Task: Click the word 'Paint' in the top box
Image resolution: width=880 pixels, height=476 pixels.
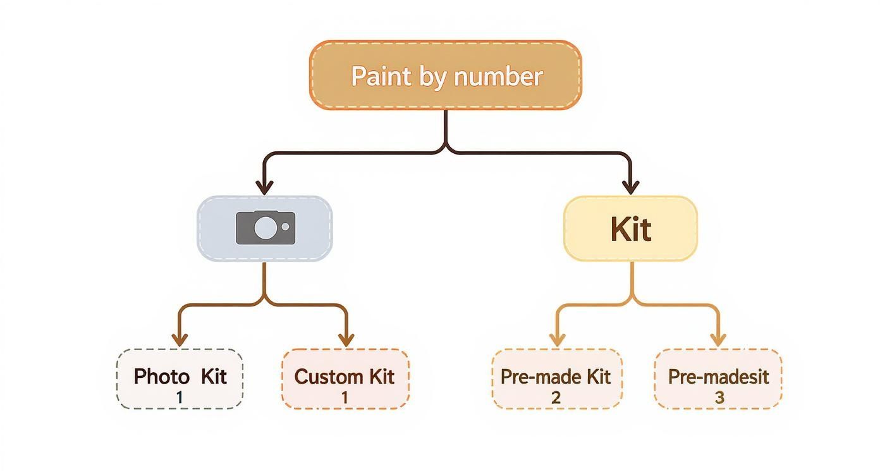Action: click(375, 77)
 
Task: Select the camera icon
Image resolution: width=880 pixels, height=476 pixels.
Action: click(265, 228)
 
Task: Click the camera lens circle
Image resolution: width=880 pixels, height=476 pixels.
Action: click(265, 228)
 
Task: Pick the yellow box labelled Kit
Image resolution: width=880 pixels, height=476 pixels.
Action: click(630, 229)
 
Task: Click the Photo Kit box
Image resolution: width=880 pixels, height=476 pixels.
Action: click(180, 379)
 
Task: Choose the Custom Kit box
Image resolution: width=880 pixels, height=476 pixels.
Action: click(345, 379)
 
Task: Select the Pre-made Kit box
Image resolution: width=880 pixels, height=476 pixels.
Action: click(556, 379)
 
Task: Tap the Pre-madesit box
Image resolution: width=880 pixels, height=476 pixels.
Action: click(718, 379)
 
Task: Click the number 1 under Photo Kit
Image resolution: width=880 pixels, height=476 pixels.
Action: click(180, 398)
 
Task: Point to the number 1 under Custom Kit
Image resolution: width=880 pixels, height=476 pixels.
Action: click(345, 398)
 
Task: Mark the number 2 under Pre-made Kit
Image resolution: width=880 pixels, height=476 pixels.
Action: click(556, 398)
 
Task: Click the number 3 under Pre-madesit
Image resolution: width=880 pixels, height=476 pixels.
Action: click(719, 398)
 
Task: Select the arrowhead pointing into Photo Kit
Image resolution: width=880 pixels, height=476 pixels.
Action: click(180, 339)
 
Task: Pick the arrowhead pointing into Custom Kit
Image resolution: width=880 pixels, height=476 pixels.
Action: click(345, 339)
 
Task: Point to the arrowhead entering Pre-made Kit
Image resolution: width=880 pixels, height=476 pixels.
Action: click(556, 339)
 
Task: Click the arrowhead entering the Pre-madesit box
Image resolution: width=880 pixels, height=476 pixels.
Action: click(718, 339)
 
